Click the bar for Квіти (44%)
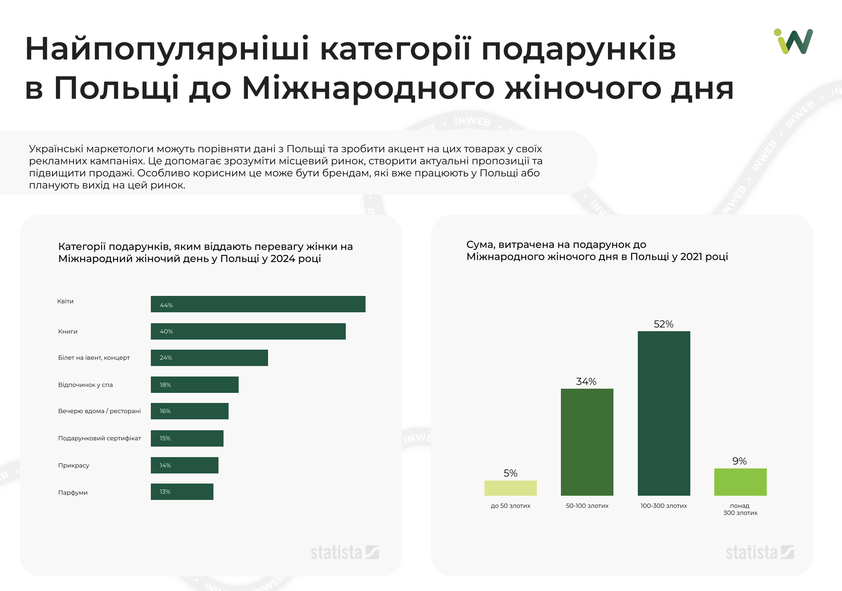(258, 304)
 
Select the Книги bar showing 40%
(248, 332)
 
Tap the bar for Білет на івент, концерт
(209, 358)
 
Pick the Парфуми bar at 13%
(182, 492)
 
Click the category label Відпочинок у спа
(85, 385)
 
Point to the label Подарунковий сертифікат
(100, 438)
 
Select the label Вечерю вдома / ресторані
(99, 411)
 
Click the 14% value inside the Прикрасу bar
(165, 465)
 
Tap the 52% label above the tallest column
(663, 324)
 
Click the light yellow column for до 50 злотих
(510, 488)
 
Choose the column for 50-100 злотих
(587, 442)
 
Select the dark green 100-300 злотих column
(664, 413)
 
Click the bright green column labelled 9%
(740, 482)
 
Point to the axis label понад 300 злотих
(740, 509)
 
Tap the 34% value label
(586, 382)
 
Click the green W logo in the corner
(794, 41)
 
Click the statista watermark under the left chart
(345, 553)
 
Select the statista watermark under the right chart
(760, 553)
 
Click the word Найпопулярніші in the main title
(167, 49)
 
